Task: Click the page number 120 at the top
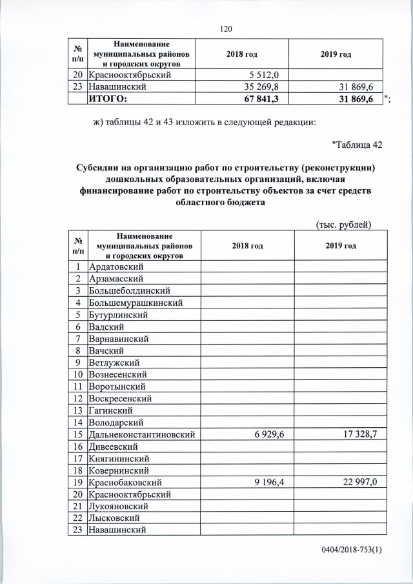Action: [225, 29]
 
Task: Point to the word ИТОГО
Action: [108, 98]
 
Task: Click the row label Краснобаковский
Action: [125, 482]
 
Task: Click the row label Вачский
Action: [107, 350]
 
